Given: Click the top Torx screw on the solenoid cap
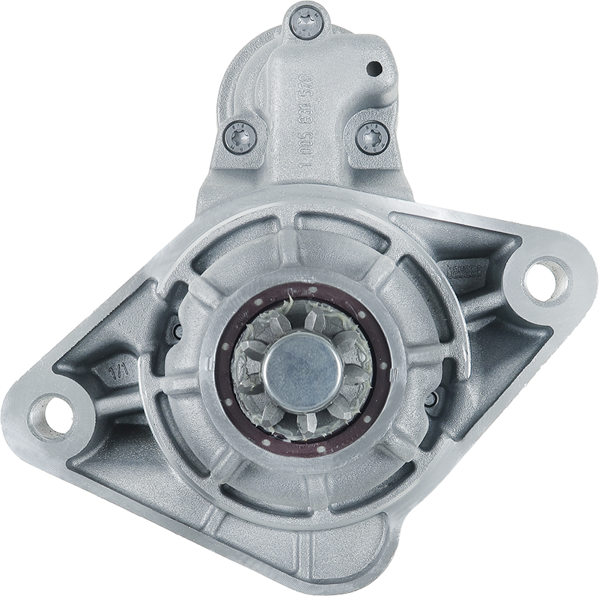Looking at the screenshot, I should point(306,23).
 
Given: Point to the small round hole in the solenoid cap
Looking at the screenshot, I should point(372,70).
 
